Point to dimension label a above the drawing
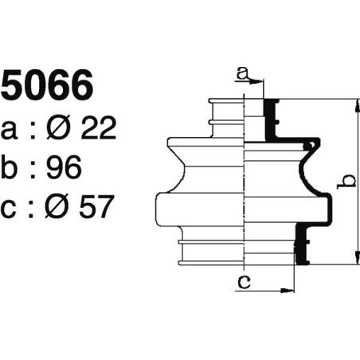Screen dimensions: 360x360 point(243,73)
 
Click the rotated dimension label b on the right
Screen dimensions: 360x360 point(344,182)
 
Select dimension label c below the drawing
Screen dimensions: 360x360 point(245,280)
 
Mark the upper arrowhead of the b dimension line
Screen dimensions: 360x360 point(351,104)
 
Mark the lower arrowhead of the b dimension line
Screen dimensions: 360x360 point(351,259)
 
